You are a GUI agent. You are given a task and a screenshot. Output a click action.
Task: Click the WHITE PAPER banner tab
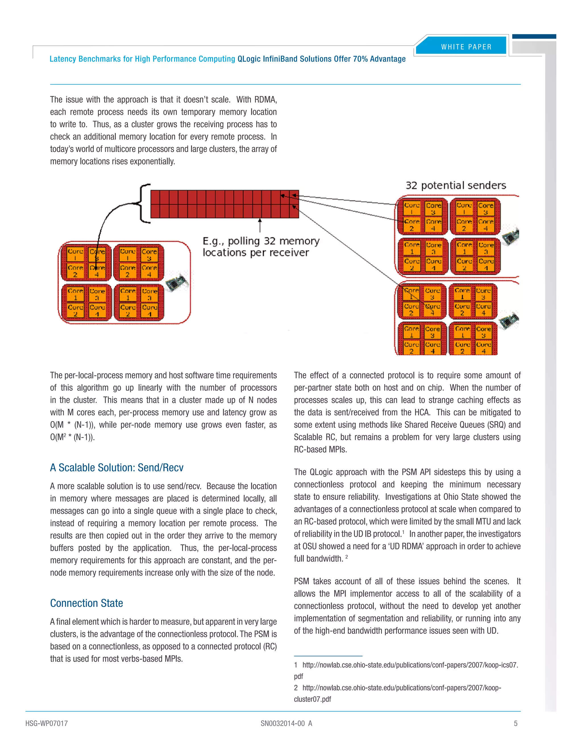(466, 47)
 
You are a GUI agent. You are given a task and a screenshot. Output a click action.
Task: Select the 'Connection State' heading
(87, 603)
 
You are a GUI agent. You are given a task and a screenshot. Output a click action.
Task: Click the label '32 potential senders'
(456, 186)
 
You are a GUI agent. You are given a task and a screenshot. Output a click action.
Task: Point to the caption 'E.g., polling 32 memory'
(261, 241)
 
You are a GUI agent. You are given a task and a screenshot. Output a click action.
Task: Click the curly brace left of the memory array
(144, 203)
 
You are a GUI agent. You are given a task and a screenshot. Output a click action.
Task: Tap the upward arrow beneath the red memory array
(260, 224)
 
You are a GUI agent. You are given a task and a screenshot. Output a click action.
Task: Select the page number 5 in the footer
(516, 723)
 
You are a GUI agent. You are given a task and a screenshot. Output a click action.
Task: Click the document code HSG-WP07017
(47, 723)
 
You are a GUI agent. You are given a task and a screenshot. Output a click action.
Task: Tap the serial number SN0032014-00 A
(286, 723)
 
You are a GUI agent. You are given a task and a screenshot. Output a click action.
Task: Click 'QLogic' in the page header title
(249, 59)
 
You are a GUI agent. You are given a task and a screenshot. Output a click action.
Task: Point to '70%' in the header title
(360, 59)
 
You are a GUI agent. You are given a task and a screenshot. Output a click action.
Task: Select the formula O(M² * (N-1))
(72, 437)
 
